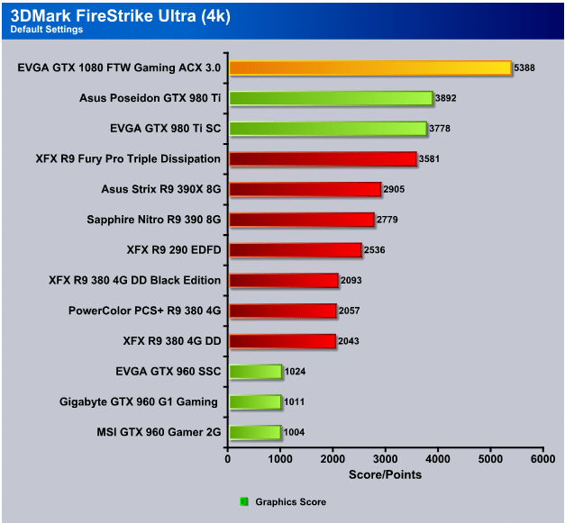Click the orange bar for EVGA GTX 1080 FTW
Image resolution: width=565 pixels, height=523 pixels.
tap(369, 68)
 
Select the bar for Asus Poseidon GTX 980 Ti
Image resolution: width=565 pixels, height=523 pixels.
tap(331, 98)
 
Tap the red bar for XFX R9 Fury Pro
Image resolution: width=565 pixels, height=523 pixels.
tap(323, 159)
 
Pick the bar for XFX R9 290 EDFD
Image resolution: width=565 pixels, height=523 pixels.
tap(295, 249)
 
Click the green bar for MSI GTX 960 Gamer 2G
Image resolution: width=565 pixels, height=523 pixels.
tap(255, 432)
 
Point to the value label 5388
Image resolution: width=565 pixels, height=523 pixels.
tap(525, 68)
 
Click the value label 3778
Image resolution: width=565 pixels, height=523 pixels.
tap(441, 129)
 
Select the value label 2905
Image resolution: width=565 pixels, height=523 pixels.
tap(395, 189)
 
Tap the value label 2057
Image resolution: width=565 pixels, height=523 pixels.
tap(351, 311)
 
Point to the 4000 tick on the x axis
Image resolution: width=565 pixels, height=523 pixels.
tap(438, 458)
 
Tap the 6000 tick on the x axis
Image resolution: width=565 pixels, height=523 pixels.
tap(542, 458)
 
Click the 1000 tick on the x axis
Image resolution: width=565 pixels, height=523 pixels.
tap(281, 458)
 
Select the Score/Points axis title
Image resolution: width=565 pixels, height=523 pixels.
tap(385, 474)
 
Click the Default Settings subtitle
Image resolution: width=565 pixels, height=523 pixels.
tap(46, 29)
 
